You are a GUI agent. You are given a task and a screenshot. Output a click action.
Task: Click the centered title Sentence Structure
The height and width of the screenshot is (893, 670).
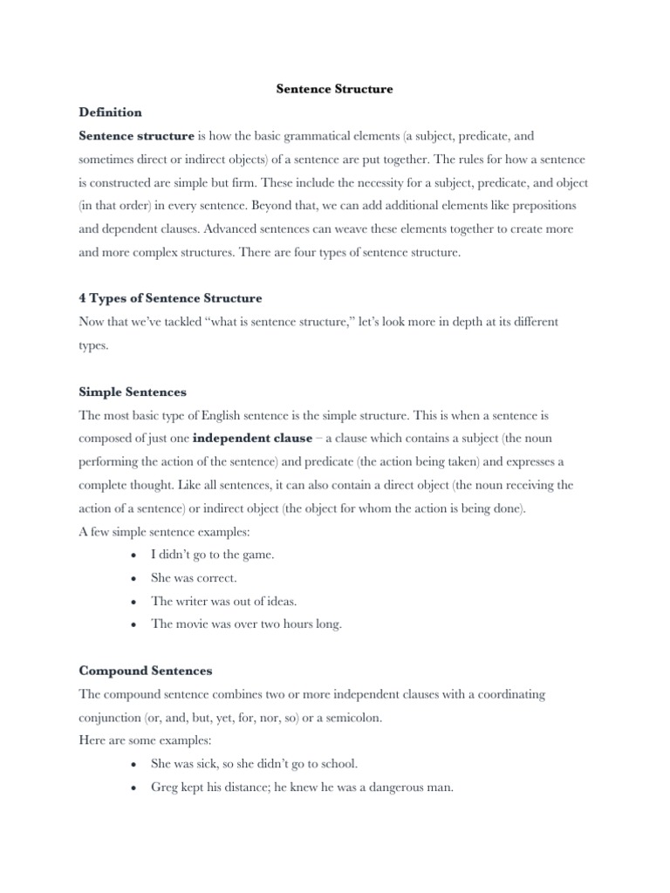click(334, 89)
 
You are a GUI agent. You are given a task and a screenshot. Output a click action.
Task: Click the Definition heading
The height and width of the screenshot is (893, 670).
click(110, 112)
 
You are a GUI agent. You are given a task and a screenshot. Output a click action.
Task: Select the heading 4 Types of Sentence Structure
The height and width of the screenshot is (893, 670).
click(170, 298)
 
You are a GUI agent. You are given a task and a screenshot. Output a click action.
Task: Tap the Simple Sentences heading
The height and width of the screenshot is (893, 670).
click(133, 392)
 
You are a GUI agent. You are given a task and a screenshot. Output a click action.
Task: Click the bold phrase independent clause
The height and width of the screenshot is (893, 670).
click(252, 440)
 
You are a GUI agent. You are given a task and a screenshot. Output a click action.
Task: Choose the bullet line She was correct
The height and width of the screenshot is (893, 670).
click(194, 577)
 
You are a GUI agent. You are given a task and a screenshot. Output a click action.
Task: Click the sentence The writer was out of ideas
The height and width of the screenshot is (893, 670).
click(222, 601)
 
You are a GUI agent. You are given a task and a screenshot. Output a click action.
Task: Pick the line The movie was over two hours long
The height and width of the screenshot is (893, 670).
click(246, 624)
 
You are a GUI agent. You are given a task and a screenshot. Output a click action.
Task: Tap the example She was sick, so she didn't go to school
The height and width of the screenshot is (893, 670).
click(254, 763)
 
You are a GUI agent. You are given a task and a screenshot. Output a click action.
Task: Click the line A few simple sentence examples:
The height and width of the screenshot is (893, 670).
click(161, 531)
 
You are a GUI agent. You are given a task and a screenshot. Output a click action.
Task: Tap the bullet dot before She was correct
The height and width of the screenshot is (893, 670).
click(131, 578)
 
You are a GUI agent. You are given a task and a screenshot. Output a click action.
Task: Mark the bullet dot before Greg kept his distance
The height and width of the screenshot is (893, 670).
click(131, 787)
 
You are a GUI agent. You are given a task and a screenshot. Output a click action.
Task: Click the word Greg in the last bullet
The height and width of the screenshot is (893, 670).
click(164, 787)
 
